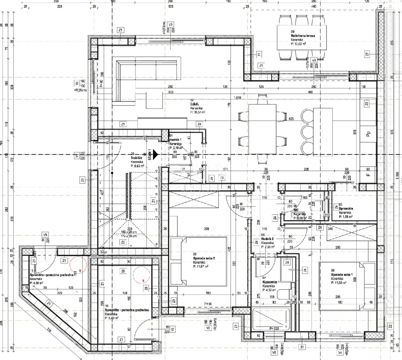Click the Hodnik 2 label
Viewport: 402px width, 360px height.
point(268,239)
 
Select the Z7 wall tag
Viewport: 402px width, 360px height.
point(367,54)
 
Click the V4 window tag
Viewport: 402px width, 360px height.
point(340,353)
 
